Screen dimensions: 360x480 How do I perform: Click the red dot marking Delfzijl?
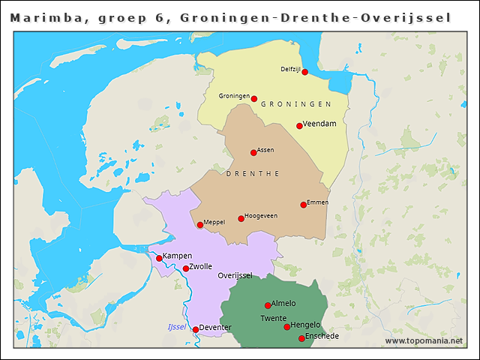pyautogui.click(x=304, y=72)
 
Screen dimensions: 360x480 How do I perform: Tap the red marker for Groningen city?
pyautogui.click(x=254, y=99)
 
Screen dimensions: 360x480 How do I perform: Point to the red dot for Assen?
pyautogui.click(x=253, y=153)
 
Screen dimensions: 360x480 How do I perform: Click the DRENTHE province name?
pyautogui.click(x=252, y=174)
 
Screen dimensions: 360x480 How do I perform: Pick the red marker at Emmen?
pyautogui.click(x=304, y=205)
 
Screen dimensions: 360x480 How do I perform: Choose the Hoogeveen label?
pyautogui.click(x=261, y=216)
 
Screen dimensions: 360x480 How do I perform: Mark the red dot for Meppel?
pyautogui.click(x=200, y=225)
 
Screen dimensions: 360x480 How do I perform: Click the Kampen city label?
pyautogui.click(x=177, y=256)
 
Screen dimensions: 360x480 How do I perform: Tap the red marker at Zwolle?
pyautogui.click(x=186, y=268)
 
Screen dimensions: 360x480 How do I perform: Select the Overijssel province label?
pyautogui.click(x=235, y=275)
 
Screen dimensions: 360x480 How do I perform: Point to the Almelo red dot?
pyautogui.click(x=268, y=305)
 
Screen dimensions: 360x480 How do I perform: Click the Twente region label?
pyautogui.click(x=273, y=319)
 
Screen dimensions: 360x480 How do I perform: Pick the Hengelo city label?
pyautogui.click(x=305, y=325)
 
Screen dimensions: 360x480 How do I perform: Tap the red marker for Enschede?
pyautogui.click(x=301, y=338)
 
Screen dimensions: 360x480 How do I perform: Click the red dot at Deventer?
pyautogui.click(x=196, y=329)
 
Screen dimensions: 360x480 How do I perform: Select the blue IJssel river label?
pyautogui.click(x=176, y=327)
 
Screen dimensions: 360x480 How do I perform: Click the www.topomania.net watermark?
pyautogui.click(x=424, y=341)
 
